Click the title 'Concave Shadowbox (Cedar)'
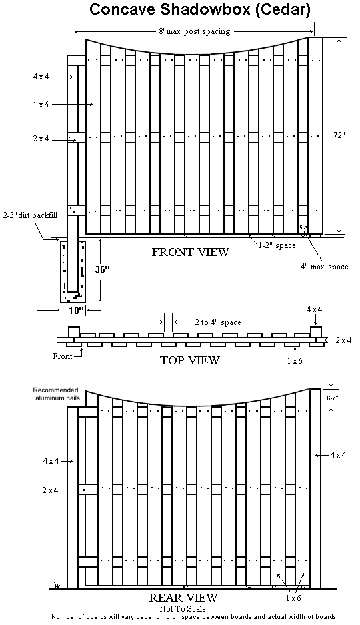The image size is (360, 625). (200, 9)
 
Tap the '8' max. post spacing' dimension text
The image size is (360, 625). (194, 31)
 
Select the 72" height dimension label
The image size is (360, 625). (339, 135)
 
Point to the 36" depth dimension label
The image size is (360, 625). (102, 269)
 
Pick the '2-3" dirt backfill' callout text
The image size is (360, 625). (29, 215)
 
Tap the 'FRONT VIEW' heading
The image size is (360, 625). (191, 252)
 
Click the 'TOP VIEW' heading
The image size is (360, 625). (190, 360)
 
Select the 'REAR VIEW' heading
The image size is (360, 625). (183, 598)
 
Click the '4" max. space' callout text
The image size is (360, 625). (324, 267)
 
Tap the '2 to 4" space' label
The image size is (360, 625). (218, 322)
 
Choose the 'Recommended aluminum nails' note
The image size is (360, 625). (55, 394)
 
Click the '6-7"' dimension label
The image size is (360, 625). (331, 397)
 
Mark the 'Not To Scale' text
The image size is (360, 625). (183, 608)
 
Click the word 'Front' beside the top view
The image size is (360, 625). (63, 356)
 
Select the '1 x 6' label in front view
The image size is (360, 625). (40, 105)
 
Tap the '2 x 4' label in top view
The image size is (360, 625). (343, 340)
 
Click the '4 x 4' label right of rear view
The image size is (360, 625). (338, 455)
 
